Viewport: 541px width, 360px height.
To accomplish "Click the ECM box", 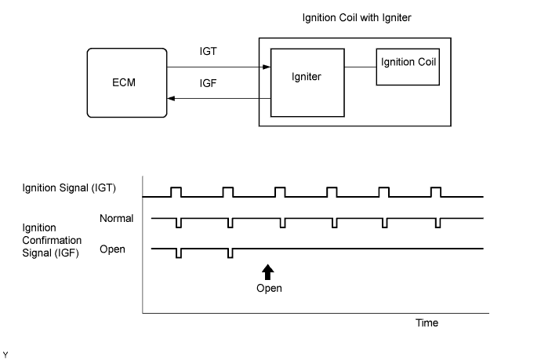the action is coord(127,83).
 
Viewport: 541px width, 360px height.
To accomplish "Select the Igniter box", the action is coord(307,83).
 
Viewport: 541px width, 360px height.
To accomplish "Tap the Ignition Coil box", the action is coord(408,67).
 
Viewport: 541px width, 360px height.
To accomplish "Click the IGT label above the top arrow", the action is coord(208,52).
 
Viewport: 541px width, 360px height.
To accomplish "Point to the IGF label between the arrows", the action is coord(208,83).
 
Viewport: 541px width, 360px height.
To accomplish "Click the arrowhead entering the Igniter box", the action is coord(267,67).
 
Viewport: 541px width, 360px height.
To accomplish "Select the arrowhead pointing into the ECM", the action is coord(171,98).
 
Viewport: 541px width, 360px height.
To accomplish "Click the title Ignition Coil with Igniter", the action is coord(357,17).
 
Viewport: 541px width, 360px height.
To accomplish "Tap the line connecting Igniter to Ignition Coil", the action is coord(360,67).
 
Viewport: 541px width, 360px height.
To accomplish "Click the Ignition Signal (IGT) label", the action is coord(69,188).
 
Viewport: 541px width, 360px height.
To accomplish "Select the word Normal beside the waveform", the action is coord(116,219).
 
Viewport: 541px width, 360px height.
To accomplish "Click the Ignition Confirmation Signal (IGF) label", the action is coord(52,240).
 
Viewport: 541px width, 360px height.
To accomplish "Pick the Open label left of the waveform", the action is coord(112,249).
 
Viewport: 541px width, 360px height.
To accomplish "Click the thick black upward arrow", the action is coord(267,272).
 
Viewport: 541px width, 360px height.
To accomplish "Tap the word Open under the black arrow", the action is coord(269,288).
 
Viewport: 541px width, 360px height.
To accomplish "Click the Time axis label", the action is coord(427,322).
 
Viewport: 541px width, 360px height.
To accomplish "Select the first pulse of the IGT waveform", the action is coord(176,192).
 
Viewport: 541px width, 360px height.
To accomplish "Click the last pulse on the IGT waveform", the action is coord(436,192).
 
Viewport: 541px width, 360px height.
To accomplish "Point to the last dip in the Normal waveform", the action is coord(438,223).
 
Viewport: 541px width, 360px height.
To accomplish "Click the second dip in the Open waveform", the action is coord(231,253).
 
